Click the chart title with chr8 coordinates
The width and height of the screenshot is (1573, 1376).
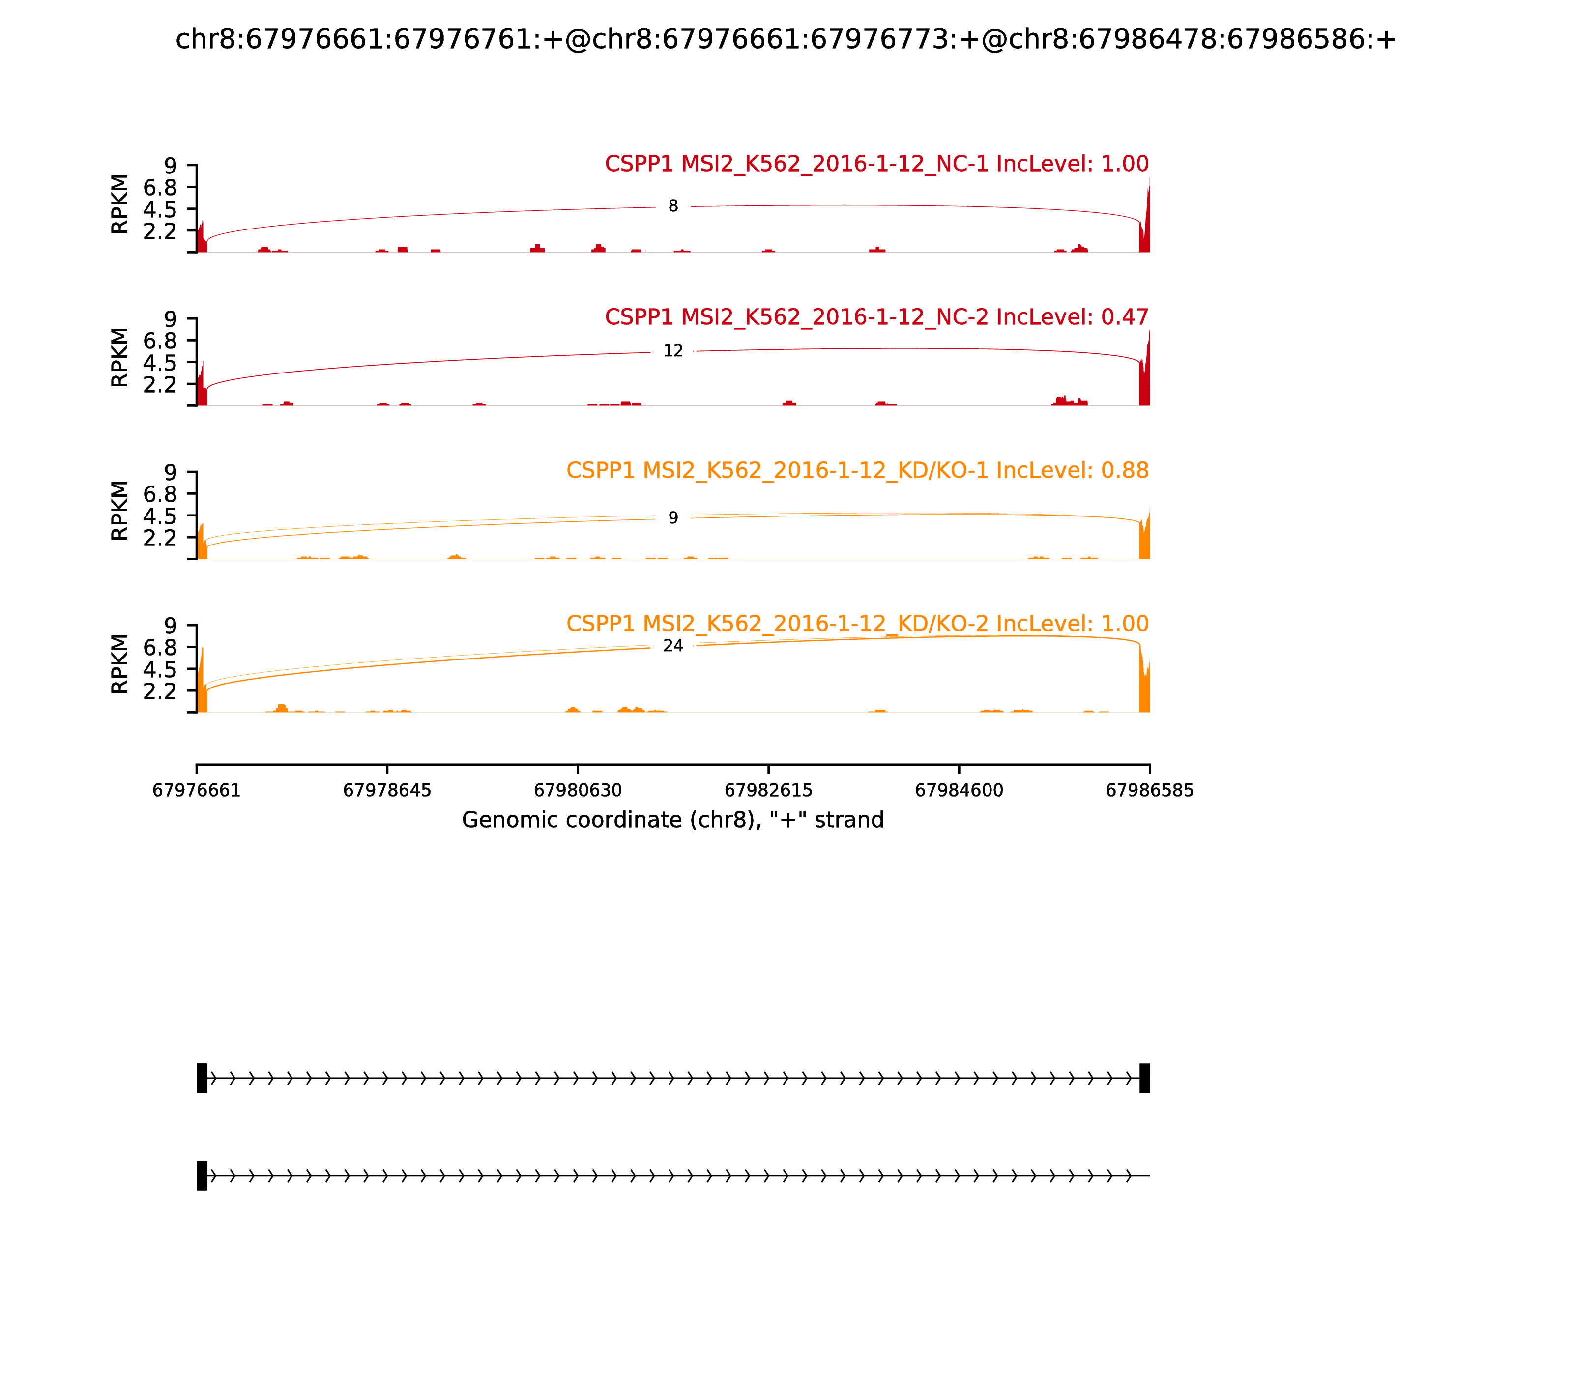pyautogui.click(x=786, y=39)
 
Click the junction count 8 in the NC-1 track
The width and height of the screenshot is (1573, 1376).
pyautogui.click(x=673, y=206)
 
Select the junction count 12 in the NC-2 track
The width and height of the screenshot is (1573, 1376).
pyautogui.click(x=673, y=351)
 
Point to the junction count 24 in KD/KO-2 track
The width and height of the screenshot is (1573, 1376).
pyautogui.click(x=673, y=646)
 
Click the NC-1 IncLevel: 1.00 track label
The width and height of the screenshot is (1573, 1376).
pyautogui.click(x=876, y=164)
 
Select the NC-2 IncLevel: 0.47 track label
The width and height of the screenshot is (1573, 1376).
pyautogui.click(x=876, y=317)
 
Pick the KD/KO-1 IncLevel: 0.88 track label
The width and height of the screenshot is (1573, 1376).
pyautogui.click(x=857, y=471)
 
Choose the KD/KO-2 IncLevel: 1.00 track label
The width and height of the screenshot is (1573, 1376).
pyautogui.click(x=857, y=624)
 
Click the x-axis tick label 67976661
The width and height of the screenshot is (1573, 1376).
pyautogui.click(x=197, y=791)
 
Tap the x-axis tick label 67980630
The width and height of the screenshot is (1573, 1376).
pyautogui.click(x=578, y=791)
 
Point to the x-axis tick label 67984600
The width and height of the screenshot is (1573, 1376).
pyautogui.click(x=959, y=791)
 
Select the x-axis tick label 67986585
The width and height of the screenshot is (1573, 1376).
pyautogui.click(x=1149, y=791)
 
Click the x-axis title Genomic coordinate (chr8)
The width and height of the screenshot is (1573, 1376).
pyautogui.click(x=673, y=820)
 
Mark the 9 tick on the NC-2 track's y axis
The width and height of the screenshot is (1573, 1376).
pyautogui.click(x=170, y=318)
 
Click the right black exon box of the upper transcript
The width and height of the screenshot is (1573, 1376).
pyautogui.click(x=1144, y=1078)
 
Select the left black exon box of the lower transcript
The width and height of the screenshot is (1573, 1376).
pyautogui.click(x=202, y=1175)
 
